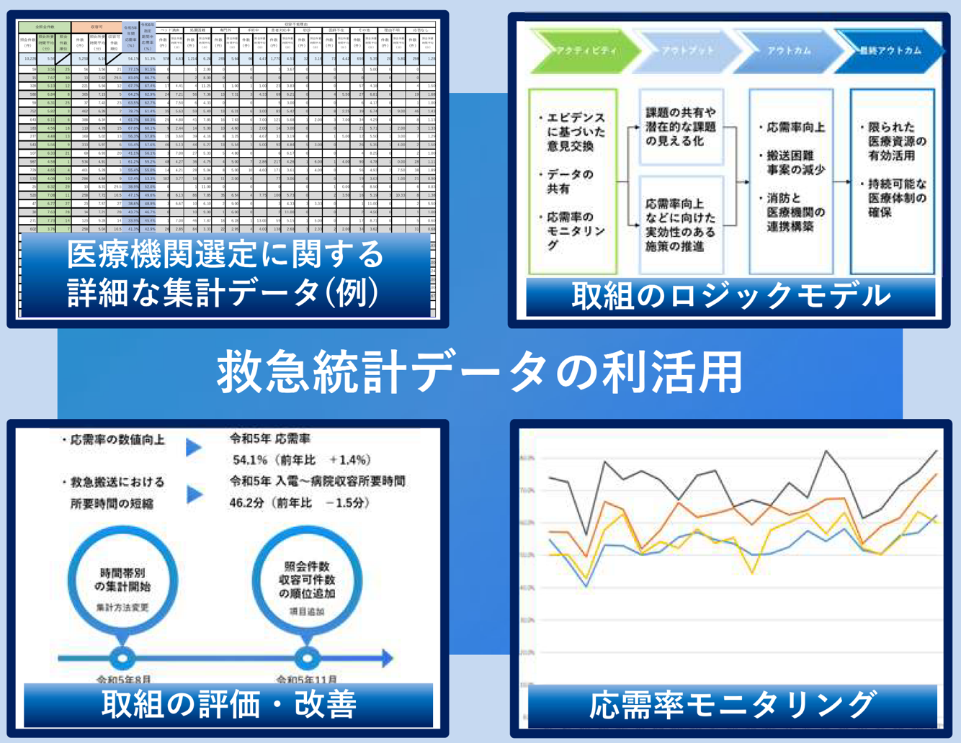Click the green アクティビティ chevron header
(x=584, y=51)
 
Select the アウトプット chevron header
(x=687, y=51)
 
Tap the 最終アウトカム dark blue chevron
(x=889, y=51)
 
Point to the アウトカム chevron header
(x=788, y=51)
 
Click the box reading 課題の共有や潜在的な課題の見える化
(x=681, y=127)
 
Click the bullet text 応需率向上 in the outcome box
(x=792, y=128)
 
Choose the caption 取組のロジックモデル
(x=730, y=296)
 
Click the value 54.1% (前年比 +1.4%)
(x=301, y=459)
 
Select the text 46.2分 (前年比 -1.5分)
(x=299, y=503)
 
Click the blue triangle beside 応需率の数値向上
(x=194, y=448)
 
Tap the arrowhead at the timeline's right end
(x=387, y=657)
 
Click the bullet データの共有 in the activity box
(x=569, y=181)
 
